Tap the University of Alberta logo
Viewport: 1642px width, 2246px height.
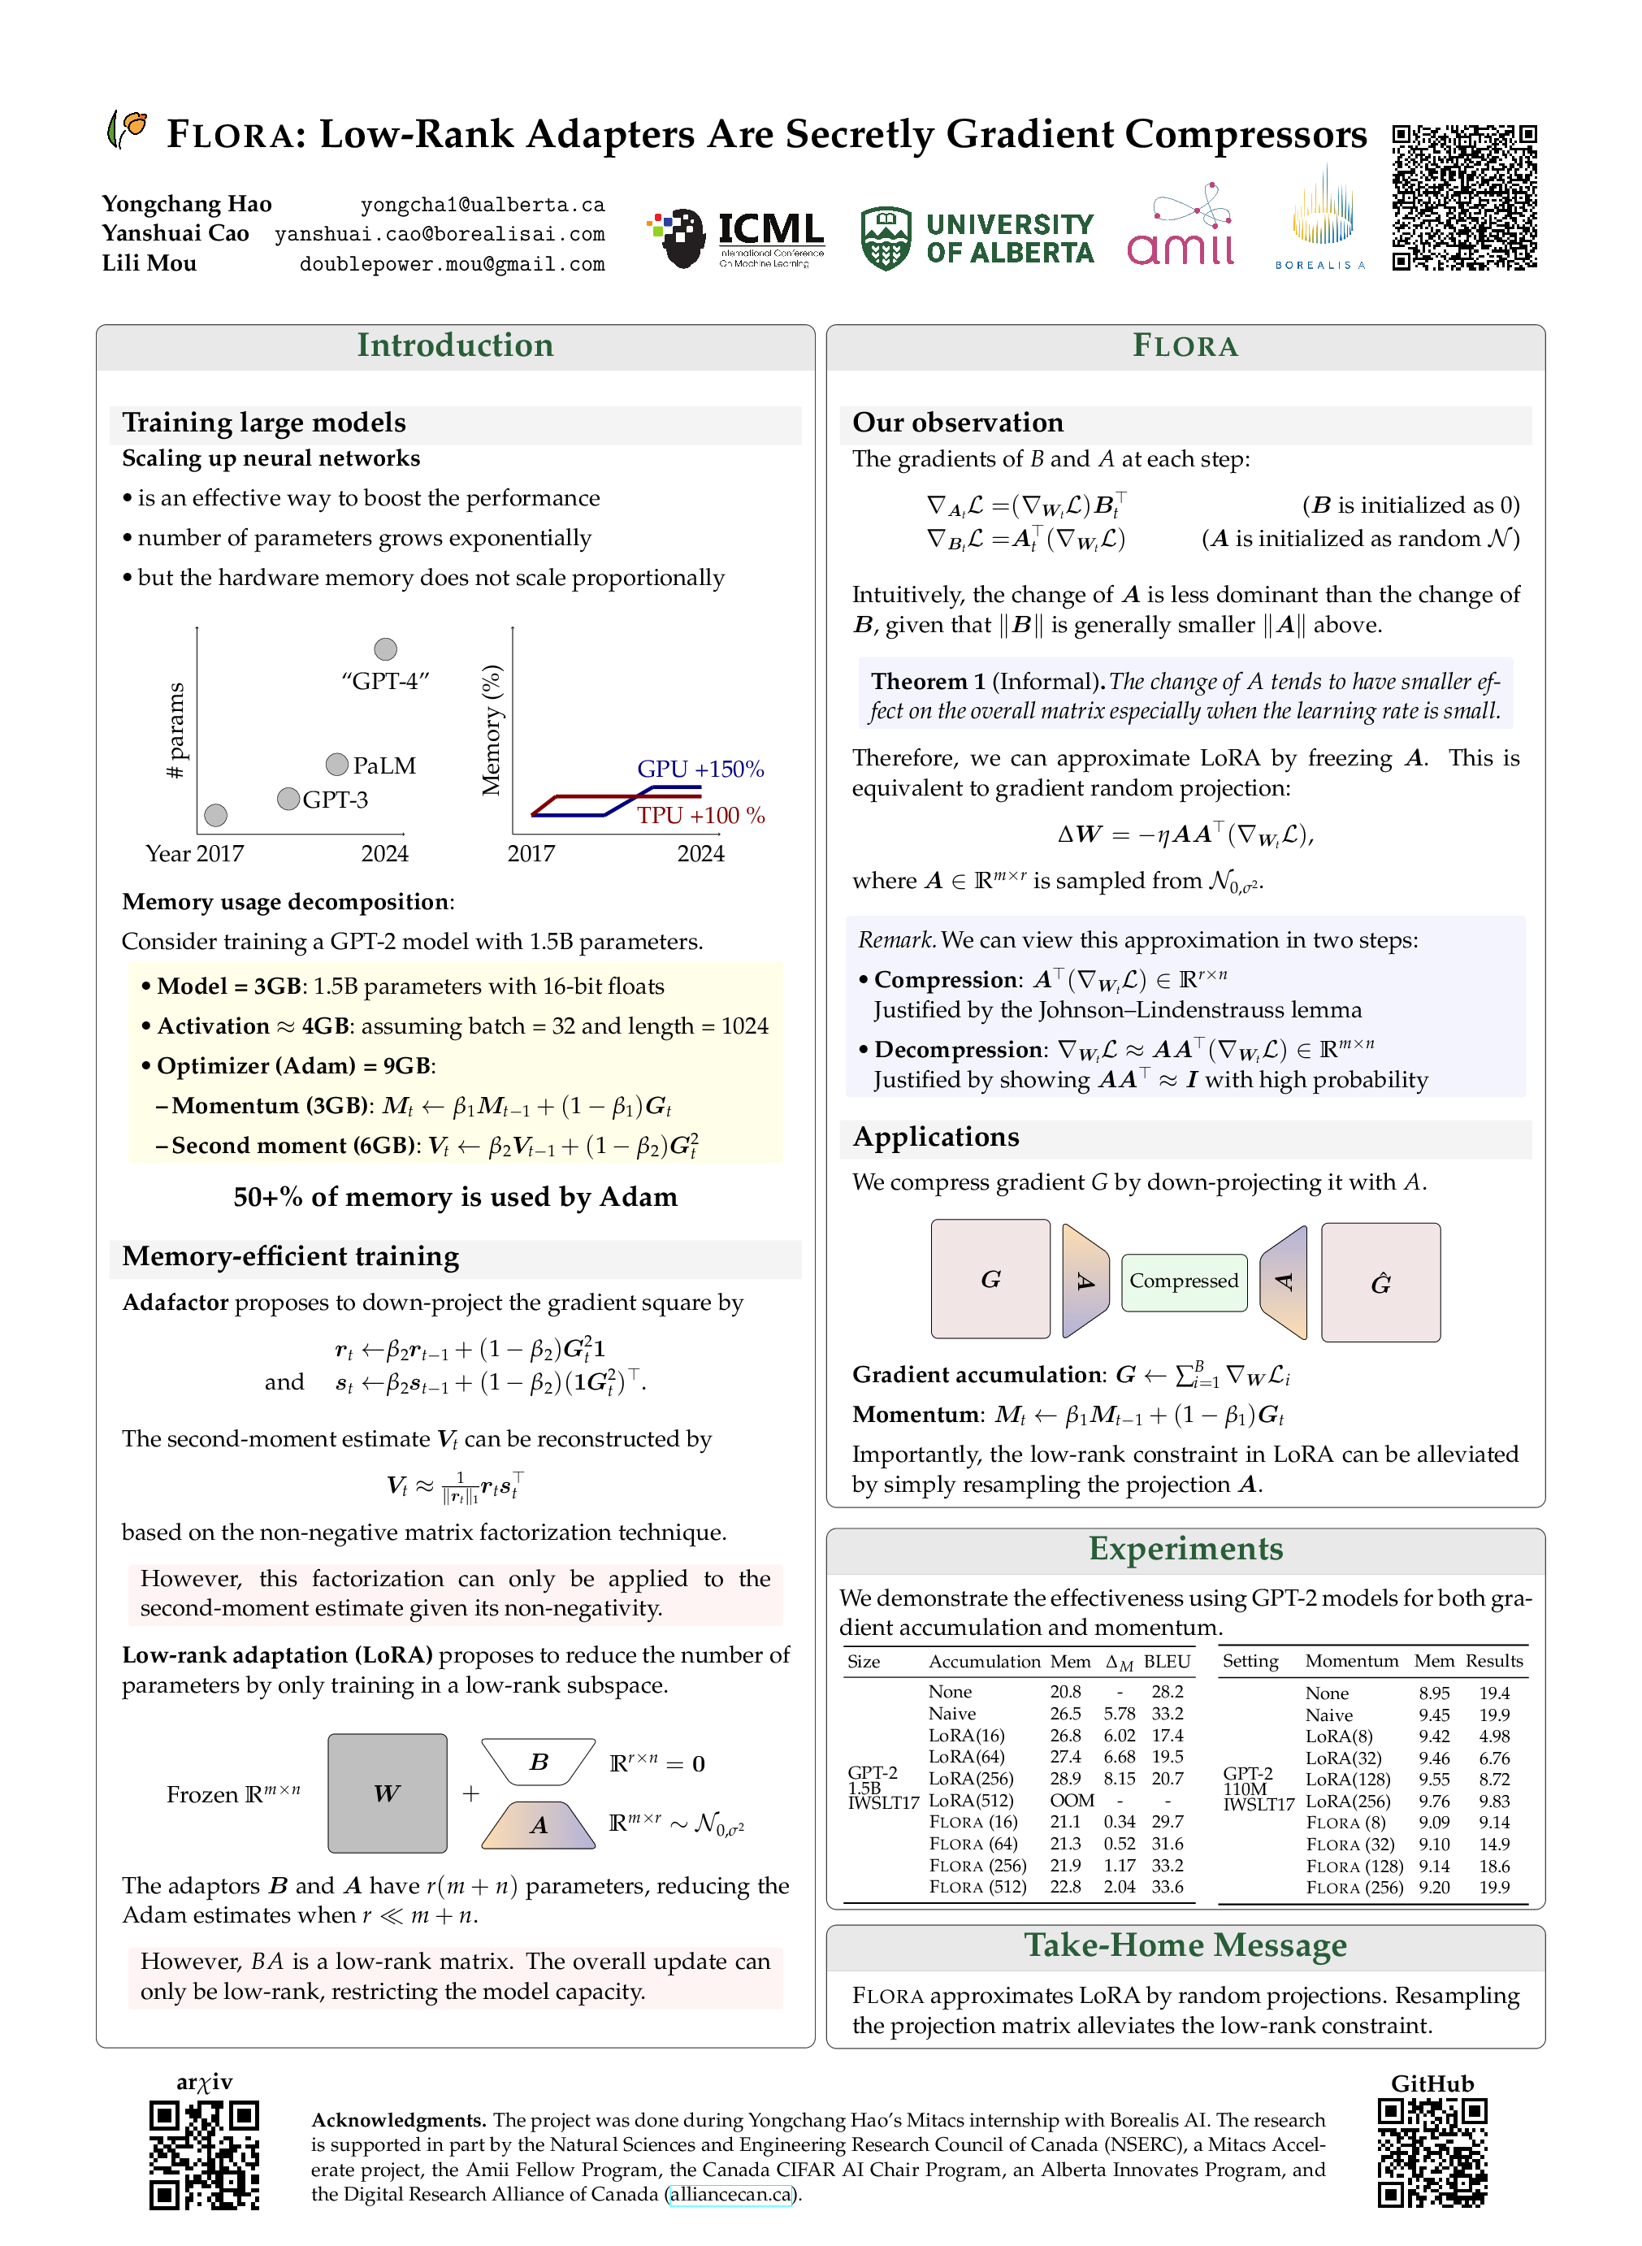click(x=977, y=239)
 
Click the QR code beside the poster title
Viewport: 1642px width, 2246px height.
click(x=1463, y=197)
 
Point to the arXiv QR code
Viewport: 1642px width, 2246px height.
click(x=204, y=2153)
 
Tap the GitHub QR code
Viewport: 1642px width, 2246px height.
click(x=1432, y=2153)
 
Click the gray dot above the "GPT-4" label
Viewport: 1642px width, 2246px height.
click(x=386, y=649)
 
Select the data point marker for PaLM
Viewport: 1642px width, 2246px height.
click(x=337, y=764)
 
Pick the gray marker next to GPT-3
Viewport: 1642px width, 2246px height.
click(x=288, y=798)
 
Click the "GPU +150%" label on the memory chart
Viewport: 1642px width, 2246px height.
click(x=700, y=768)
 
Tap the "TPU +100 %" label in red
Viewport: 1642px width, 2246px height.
click(x=700, y=815)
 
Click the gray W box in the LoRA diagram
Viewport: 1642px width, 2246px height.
click(x=387, y=1793)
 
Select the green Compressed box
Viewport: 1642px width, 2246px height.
click(x=1183, y=1281)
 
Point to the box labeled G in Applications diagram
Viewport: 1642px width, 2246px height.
click(x=990, y=1279)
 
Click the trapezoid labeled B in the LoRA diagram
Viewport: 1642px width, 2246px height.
click(x=538, y=1762)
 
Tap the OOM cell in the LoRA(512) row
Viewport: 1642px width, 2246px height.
click(x=1072, y=1800)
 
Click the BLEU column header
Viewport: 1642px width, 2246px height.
click(x=1166, y=1661)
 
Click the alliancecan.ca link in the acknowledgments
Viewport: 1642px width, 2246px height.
click(x=730, y=2193)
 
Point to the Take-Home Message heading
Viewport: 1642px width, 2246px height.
click(x=1185, y=1945)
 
